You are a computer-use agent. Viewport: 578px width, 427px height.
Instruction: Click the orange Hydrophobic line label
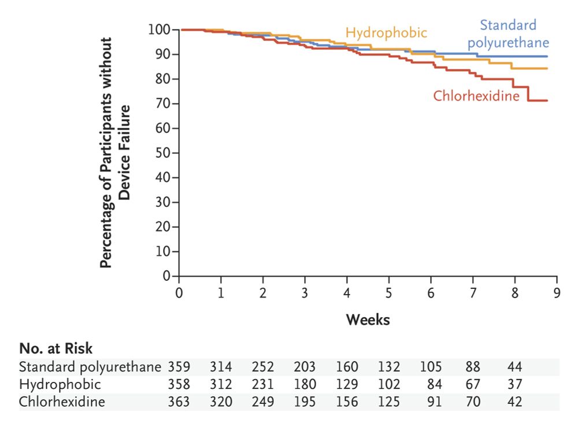(x=386, y=32)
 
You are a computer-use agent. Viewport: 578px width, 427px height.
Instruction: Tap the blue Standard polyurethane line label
(x=508, y=34)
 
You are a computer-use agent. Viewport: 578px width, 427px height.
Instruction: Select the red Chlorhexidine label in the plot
(x=476, y=96)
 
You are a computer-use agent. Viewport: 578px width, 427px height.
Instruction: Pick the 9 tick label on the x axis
(x=556, y=292)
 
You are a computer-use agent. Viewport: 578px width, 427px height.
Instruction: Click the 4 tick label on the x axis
(x=347, y=292)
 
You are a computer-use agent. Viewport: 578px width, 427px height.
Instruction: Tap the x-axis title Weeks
(x=368, y=319)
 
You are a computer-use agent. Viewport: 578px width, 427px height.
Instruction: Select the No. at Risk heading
(x=56, y=348)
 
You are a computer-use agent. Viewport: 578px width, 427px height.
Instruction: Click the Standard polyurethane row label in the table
(x=90, y=367)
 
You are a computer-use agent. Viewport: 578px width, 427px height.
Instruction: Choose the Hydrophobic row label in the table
(x=60, y=384)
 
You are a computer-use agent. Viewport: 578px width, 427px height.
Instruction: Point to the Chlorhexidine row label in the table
(x=62, y=402)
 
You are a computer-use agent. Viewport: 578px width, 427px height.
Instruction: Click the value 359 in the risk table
(x=179, y=367)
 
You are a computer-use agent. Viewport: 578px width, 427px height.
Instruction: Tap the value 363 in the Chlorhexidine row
(x=179, y=402)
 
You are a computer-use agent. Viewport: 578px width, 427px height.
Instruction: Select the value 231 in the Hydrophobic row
(x=263, y=384)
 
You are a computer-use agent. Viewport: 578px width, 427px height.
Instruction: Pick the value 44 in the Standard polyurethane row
(x=514, y=367)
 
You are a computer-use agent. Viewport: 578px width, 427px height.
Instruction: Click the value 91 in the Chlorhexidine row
(x=435, y=402)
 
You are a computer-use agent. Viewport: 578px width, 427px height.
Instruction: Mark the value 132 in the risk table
(x=388, y=367)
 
